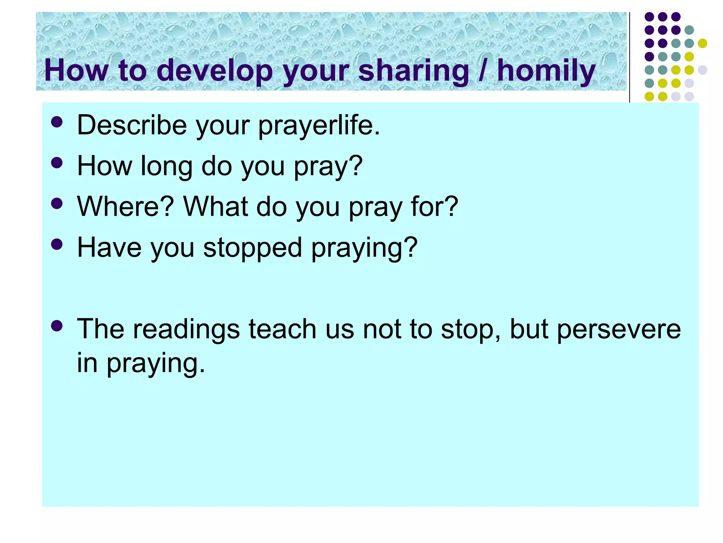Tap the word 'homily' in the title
[546, 71]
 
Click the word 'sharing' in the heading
[413, 71]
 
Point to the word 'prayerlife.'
[319, 125]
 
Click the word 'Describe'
[132, 125]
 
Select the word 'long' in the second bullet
[166, 166]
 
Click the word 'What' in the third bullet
[215, 206]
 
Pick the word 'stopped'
[252, 247]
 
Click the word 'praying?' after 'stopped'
[364, 247]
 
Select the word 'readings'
[187, 329]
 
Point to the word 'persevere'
[619, 329]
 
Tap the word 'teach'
[282, 329]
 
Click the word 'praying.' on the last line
[156, 363]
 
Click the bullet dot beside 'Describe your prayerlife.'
[56, 122]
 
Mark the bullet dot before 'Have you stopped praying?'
[56, 244]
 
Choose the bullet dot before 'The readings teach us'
[56, 326]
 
